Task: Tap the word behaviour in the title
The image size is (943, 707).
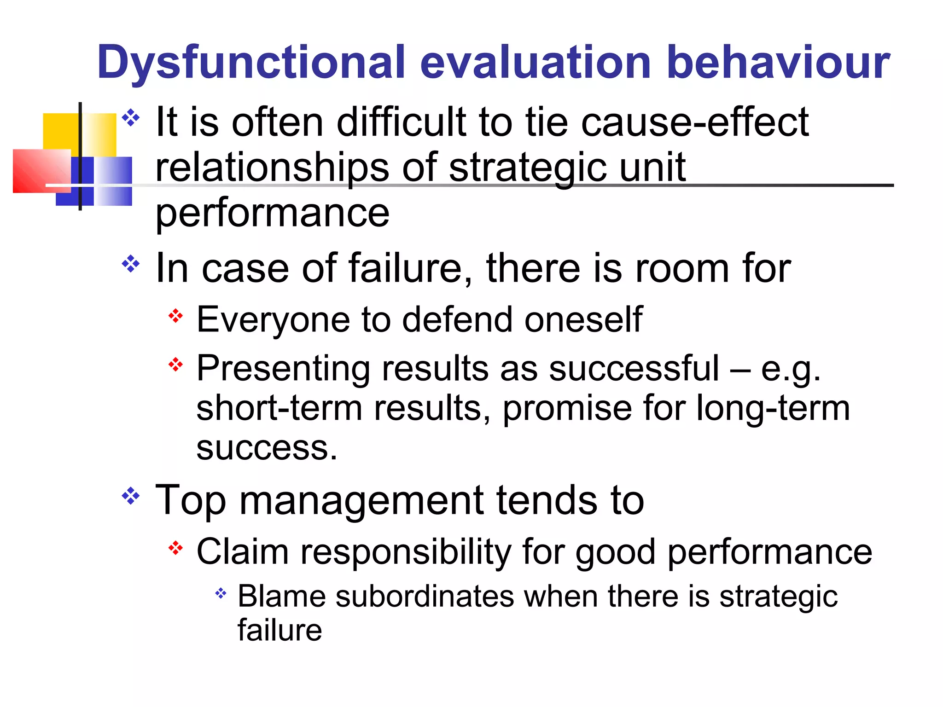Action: point(778,62)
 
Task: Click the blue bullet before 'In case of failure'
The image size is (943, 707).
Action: point(131,264)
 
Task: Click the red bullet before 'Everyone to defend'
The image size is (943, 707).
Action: point(175,316)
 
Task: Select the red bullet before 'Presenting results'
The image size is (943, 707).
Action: point(175,365)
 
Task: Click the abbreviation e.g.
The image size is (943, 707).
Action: point(791,369)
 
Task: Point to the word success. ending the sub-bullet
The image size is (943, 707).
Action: point(267,448)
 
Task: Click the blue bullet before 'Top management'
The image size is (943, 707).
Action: point(131,496)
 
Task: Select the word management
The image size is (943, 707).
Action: point(361,500)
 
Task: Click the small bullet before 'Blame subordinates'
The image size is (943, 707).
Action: point(221,593)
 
